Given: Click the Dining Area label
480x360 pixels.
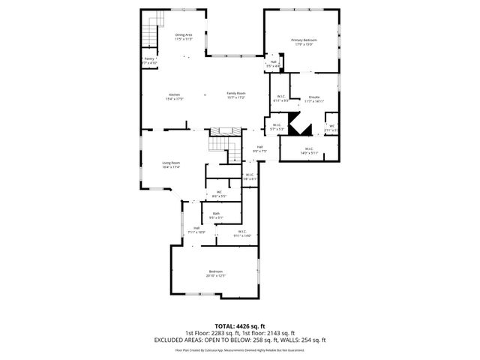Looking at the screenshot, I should (x=184, y=37).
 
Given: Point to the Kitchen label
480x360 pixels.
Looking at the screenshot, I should (x=174, y=96).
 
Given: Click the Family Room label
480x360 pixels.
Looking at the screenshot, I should (x=236, y=96).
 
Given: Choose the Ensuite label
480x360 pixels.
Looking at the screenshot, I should (x=315, y=99).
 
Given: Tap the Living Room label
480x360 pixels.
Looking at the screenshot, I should (x=171, y=164).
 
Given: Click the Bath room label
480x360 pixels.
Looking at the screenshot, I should (x=216, y=215).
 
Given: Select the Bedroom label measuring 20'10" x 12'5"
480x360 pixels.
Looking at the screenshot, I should (x=215, y=273).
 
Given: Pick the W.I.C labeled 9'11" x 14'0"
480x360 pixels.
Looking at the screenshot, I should (x=242, y=233).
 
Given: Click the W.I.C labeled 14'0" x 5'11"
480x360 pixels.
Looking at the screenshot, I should (x=309, y=150).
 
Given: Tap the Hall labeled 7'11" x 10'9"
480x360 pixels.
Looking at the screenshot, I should (x=196, y=229).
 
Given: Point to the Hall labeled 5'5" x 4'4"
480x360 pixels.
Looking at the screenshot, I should (x=274, y=64).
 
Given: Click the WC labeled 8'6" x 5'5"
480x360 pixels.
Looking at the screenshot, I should (x=219, y=193).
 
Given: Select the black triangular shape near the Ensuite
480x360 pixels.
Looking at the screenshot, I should (x=301, y=127).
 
